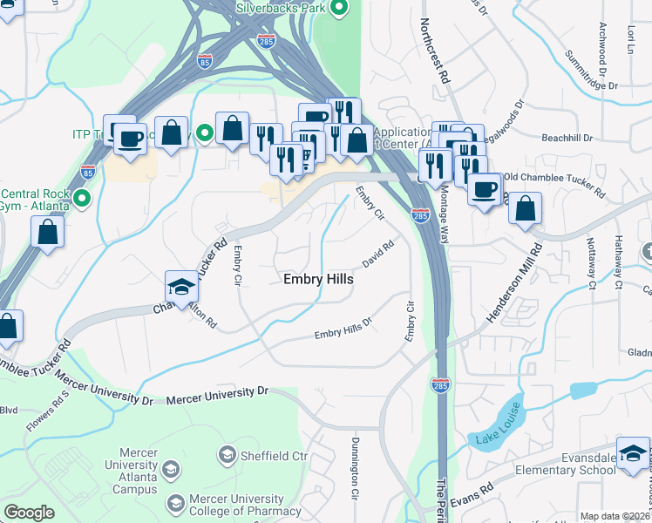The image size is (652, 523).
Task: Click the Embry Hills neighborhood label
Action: (318, 279)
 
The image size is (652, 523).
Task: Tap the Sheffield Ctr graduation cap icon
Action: (228, 455)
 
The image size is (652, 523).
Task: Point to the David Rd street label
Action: (379, 254)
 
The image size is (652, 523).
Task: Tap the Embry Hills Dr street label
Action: (343, 328)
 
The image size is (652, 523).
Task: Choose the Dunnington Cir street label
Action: (355, 480)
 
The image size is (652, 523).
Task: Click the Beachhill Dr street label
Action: (567, 138)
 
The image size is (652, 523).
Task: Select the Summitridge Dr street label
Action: (590, 75)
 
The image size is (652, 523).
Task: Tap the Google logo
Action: (29, 513)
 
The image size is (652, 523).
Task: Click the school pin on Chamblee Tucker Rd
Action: (182, 288)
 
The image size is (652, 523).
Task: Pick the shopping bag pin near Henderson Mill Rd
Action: (525, 210)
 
